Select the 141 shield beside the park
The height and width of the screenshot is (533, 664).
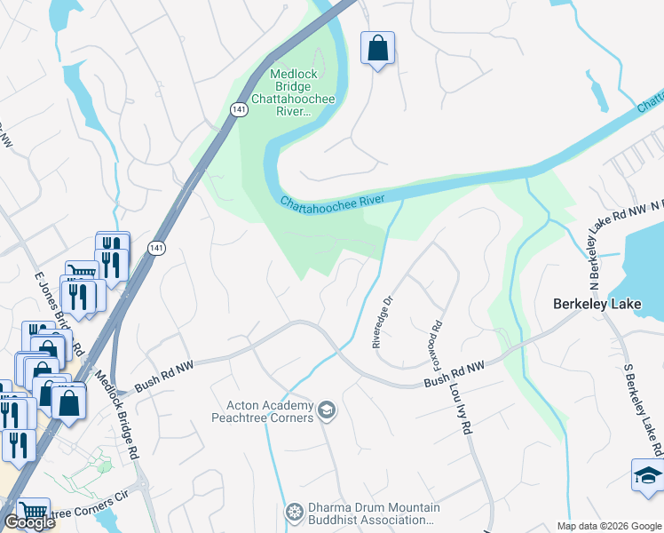point(239,108)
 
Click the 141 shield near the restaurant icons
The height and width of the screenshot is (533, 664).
point(156,247)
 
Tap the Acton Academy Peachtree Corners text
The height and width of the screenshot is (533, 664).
point(264,412)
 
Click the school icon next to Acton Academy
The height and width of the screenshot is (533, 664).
point(327,410)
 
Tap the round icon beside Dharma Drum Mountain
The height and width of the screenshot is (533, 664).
point(294,513)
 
